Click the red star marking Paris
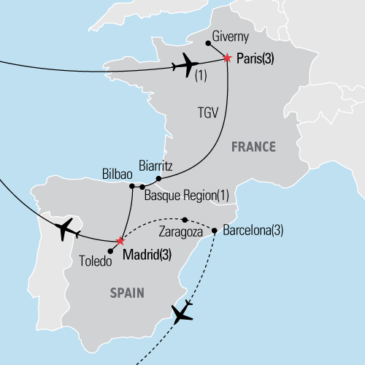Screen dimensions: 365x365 tap(227, 58)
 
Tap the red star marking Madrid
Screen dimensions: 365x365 tap(120, 240)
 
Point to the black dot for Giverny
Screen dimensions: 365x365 tap(208, 44)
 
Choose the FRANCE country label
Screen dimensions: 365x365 tap(253, 147)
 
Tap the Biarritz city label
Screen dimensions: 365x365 tap(155, 166)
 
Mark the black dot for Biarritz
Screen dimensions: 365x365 tap(158, 178)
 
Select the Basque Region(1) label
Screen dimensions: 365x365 tap(186, 196)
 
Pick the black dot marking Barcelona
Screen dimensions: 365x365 tap(215, 231)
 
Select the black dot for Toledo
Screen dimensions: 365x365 tap(110, 251)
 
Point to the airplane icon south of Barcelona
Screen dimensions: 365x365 tap(182, 312)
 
